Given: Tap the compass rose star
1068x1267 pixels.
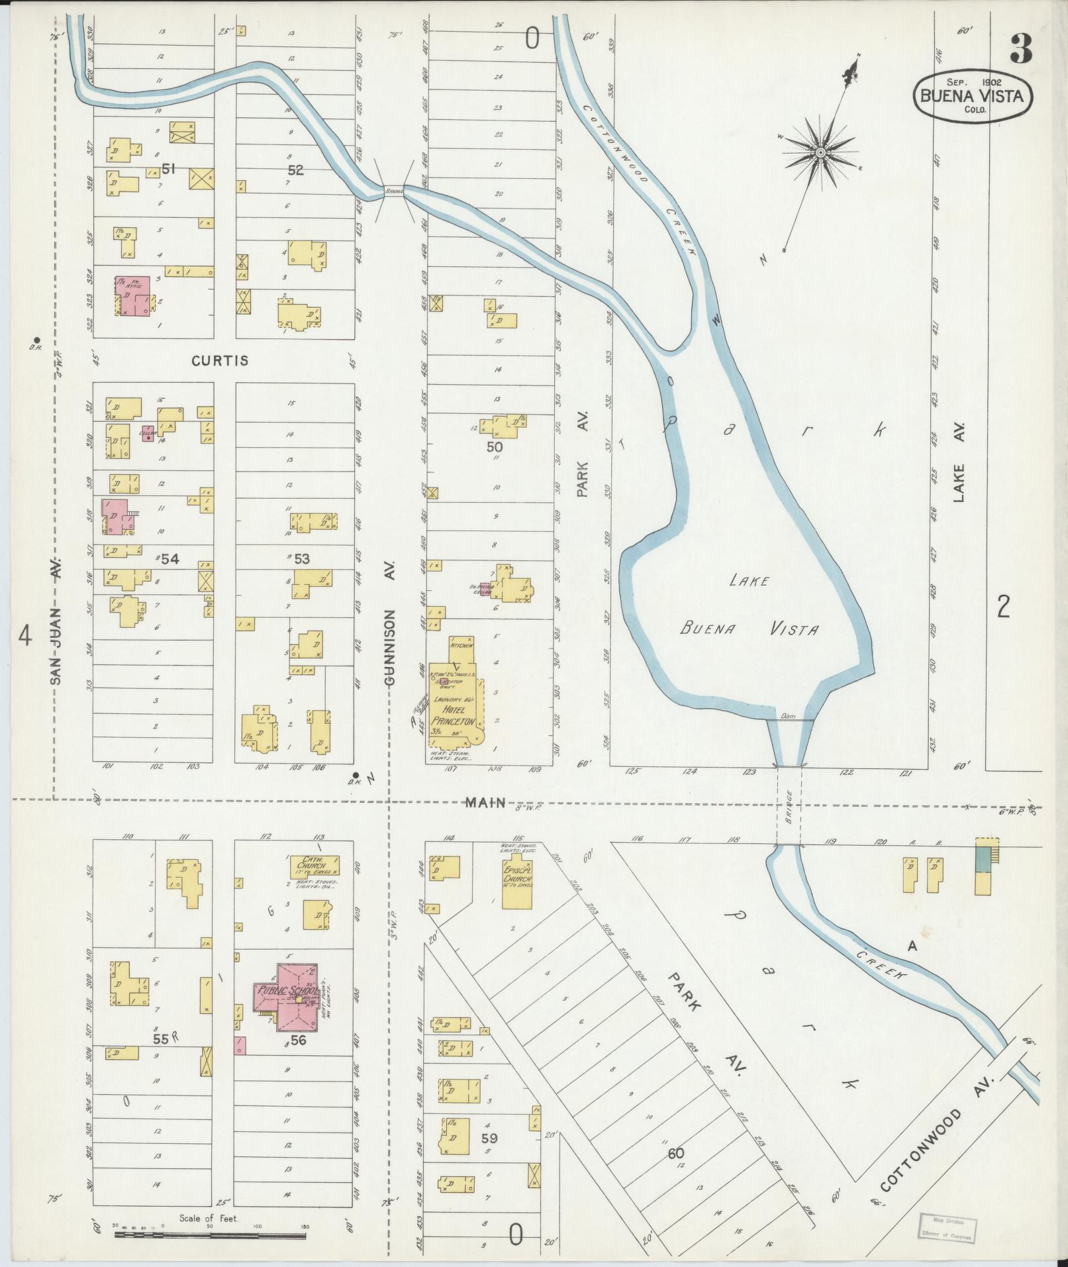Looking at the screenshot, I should [x=820, y=153].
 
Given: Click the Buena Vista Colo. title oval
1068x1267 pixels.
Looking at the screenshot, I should [x=971, y=97].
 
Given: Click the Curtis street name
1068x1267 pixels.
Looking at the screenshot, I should [x=220, y=361].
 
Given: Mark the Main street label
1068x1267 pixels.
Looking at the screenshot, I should [x=485, y=803].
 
